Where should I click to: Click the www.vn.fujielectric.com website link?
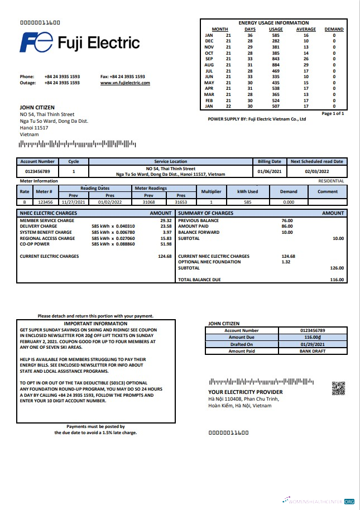[x=125, y=83]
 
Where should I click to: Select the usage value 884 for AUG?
[x=275, y=65]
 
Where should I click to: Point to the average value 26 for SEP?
[x=306, y=59]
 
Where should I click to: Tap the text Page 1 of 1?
[x=333, y=113]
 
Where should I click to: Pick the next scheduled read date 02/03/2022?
[x=317, y=171]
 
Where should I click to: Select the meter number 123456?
[x=45, y=202]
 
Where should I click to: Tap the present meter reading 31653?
[x=180, y=202]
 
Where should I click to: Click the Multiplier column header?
[x=211, y=191]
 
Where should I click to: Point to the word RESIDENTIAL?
[x=331, y=181]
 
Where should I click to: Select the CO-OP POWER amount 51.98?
[x=165, y=244]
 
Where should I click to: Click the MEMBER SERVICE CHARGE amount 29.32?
[x=165, y=220]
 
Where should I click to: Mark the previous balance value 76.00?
[x=287, y=220]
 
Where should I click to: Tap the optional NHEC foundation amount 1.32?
[x=286, y=262]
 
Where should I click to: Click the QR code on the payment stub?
[x=338, y=388]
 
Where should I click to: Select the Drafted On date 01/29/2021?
[x=312, y=344]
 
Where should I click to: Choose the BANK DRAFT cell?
[x=312, y=351]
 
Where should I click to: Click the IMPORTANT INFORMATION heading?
[x=95, y=324]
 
